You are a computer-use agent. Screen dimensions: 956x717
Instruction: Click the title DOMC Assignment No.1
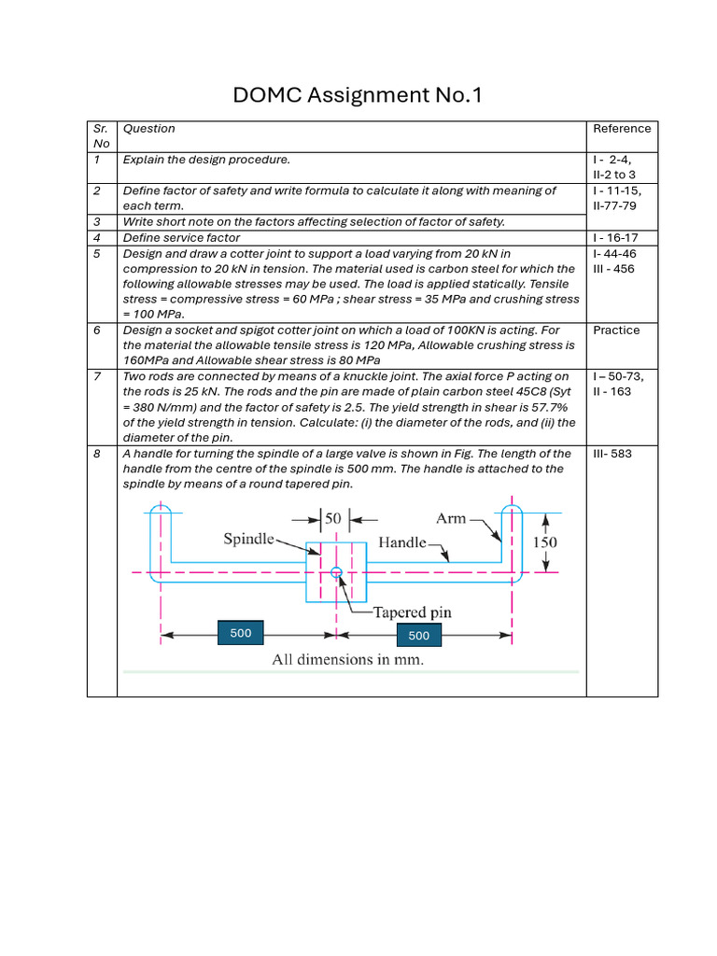coord(358,94)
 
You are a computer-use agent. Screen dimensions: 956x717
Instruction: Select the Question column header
coord(149,129)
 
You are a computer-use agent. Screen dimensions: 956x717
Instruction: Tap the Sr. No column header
coord(101,136)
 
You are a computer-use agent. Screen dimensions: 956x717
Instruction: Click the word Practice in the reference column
coord(616,330)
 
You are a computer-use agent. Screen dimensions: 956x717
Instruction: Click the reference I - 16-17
coord(615,238)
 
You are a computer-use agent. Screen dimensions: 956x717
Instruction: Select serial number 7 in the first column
coord(96,376)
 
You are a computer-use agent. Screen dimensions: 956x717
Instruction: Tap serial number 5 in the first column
coord(96,253)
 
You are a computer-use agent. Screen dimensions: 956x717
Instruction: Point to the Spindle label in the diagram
coord(249,539)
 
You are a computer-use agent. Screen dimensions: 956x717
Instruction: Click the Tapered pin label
coord(412,612)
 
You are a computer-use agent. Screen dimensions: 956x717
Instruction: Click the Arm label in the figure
coord(451,518)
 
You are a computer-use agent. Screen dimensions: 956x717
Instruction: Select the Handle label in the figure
coord(402,541)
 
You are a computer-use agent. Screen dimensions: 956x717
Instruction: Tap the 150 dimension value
coord(546,542)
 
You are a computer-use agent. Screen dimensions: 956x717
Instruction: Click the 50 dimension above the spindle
coord(332,518)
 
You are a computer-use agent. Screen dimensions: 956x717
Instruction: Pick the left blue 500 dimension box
coord(241,634)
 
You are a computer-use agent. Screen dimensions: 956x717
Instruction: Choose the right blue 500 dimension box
coord(419,636)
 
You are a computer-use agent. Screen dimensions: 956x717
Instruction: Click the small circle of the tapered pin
coord(336,572)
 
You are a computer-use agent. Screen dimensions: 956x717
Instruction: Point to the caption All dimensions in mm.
coord(347,660)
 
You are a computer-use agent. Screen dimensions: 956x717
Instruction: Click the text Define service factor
coord(181,238)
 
